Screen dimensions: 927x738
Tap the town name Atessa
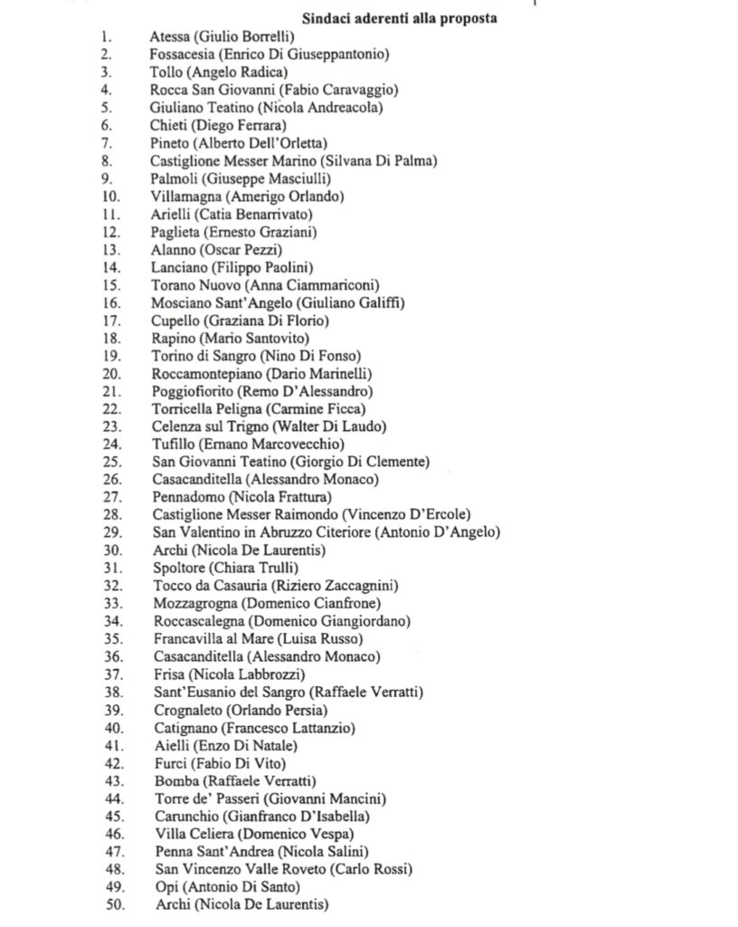click(x=169, y=37)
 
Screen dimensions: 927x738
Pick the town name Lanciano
click(x=178, y=267)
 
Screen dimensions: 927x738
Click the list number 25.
click(x=112, y=463)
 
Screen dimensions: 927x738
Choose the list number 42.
click(x=113, y=763)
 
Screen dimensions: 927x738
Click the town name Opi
click(x=163, y=887)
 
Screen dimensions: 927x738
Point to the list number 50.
click(x=113, y=904)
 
